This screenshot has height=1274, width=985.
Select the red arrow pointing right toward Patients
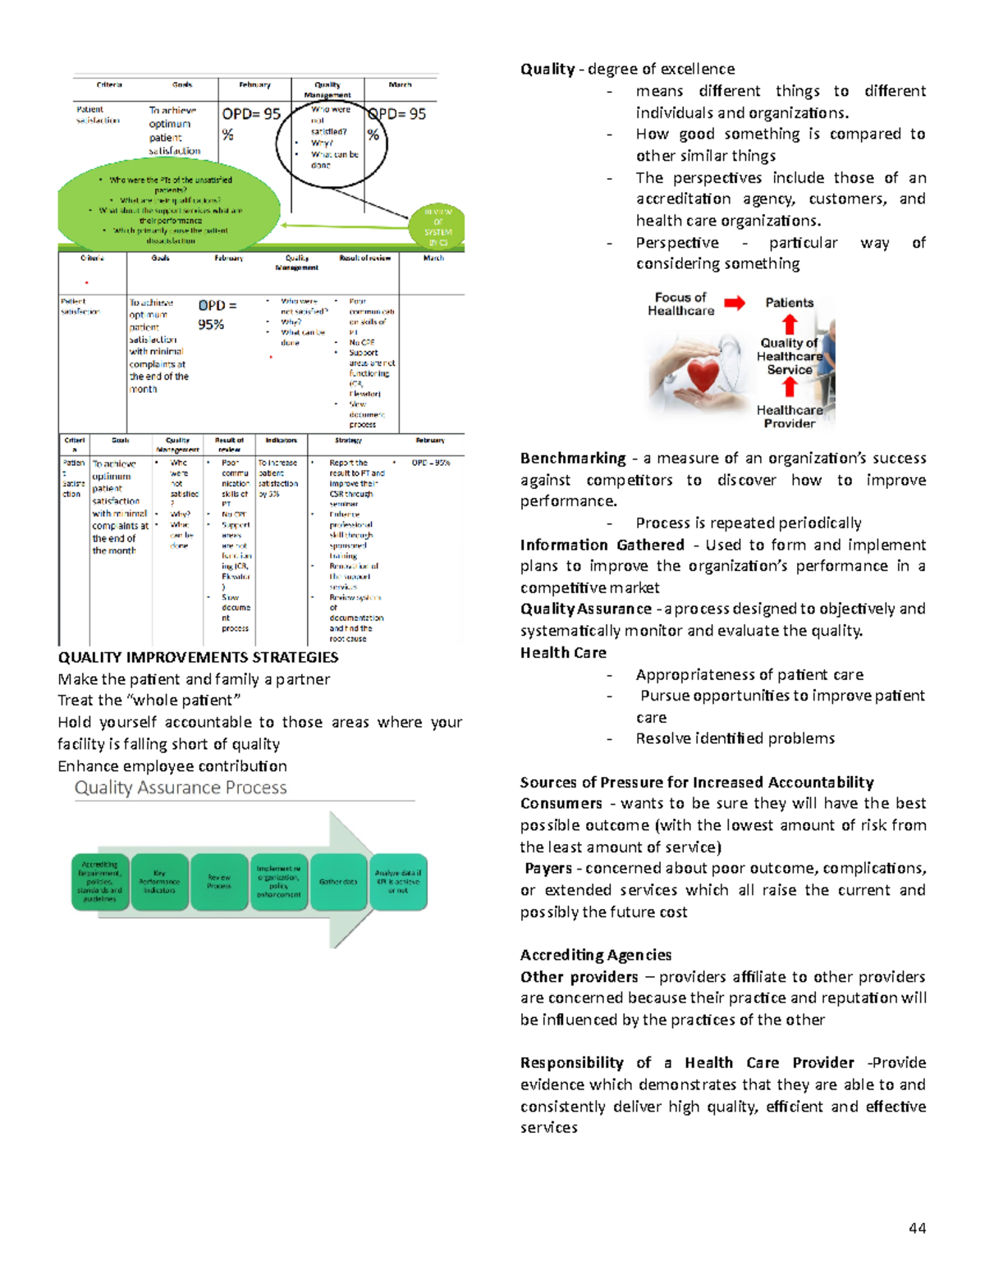pyautogui.click(x=735, y=304)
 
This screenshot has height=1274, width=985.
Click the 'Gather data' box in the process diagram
pyautogui.click(x=338, y=882)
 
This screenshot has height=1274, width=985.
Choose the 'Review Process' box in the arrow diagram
pyautogui.click(x=219, y=882)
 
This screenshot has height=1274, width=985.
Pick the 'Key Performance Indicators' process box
pyautogui.click(x=159, y=882)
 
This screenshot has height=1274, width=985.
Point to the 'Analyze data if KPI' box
pyautogui.click(x=398, y=882)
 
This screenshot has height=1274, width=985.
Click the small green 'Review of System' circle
pyautogui.click(x=438, y=226)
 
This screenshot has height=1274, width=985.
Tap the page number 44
pyautogui.click(x=918, y=1228)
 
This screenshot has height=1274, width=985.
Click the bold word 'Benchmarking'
pyautogui.click(x=573, y=459)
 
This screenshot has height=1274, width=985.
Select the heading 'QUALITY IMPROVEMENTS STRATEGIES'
pyautogui.click(x=198, y=657)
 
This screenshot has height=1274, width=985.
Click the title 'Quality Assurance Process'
pyautogui.click(x=181, y=788)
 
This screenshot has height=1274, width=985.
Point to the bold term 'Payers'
pyautogui.click(x=548, y=868)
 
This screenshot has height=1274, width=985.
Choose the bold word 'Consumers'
pyautogui.click(x=561, y=803)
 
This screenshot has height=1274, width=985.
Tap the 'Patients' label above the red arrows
pyautogui.click(x=789, y=303)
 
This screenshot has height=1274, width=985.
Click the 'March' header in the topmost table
pyautogui.click(x=400, y=84)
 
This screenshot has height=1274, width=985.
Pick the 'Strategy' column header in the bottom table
pyautogui.click(x=348, y=441)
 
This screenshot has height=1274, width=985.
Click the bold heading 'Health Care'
pyautogui.click(x=563, y=653)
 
